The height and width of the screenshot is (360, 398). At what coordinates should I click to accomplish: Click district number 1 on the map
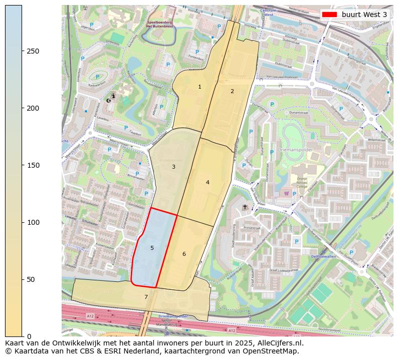(200, 87)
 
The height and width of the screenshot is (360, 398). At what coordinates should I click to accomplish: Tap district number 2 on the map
(232, 91)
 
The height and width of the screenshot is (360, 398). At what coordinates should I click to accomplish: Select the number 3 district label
(173, 167)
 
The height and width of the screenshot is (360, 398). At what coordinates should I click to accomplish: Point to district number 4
(208, 182)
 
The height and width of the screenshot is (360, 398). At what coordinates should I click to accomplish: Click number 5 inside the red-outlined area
(152, 248)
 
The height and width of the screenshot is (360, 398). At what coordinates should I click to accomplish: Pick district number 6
(184, 254)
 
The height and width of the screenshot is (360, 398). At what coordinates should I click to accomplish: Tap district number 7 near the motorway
(146, 297)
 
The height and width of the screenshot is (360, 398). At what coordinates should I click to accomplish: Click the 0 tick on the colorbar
(29, 336)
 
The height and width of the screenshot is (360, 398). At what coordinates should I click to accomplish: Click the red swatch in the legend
(330, 15)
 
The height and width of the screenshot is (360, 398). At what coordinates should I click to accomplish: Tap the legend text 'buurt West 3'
(364, 15)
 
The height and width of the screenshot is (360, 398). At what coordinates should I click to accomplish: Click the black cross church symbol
(245, 207)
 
